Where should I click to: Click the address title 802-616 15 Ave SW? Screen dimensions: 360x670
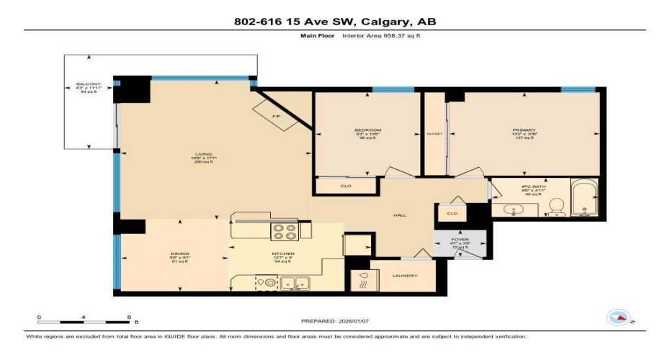[335, 22]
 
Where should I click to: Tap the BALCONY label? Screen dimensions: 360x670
[89, 84]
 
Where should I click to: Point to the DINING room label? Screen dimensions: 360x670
[159, 253]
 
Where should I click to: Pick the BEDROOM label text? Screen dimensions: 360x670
[367, 130]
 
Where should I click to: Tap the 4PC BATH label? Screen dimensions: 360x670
[534, 186]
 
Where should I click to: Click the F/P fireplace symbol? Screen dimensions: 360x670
[275, 115]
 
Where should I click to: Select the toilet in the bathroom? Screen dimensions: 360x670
[556, 207]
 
